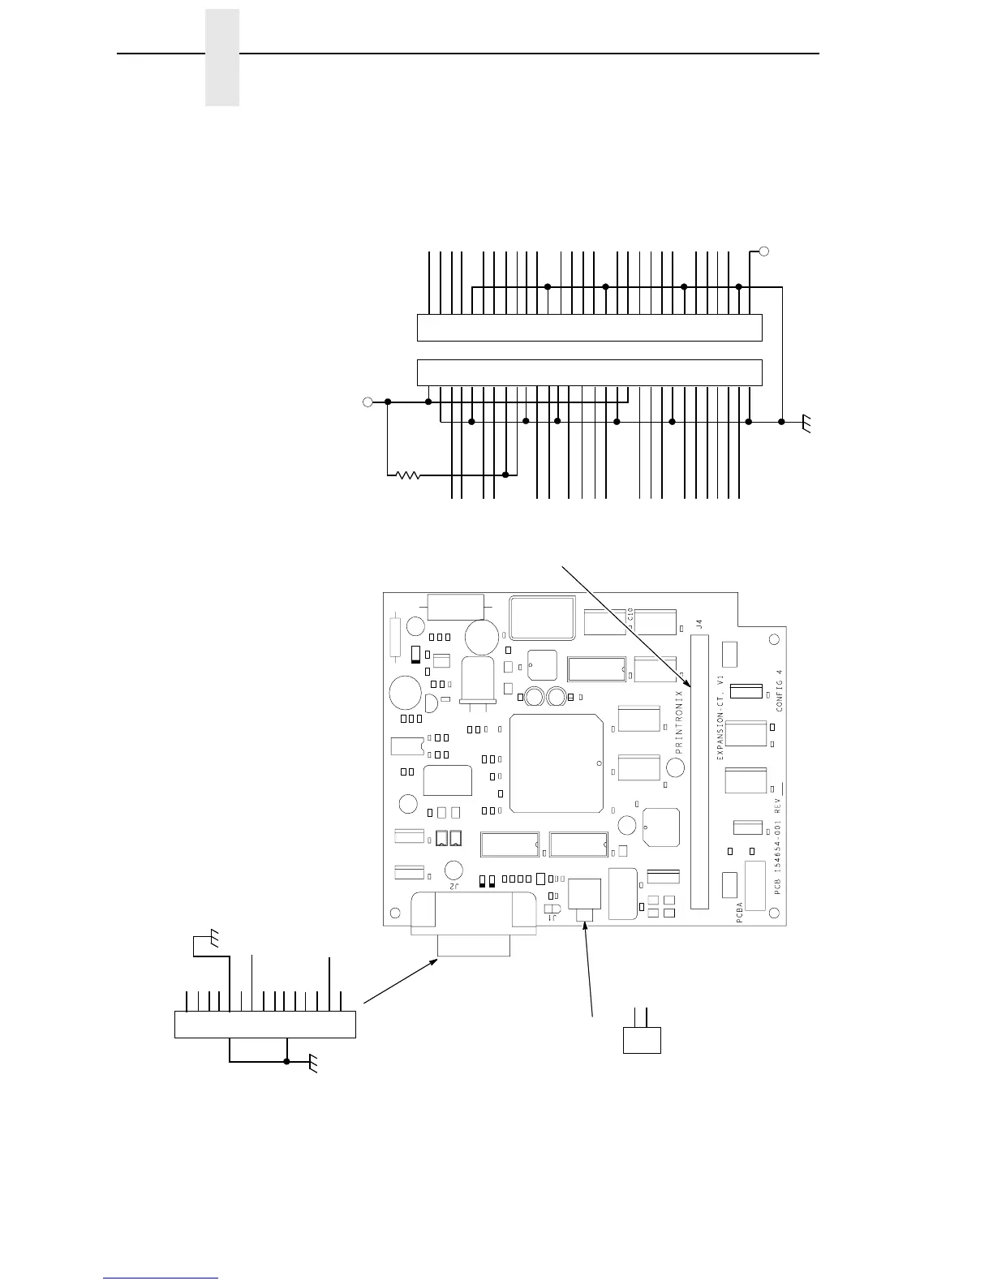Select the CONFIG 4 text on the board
click(x=780, y=690)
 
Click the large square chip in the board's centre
click(x=557, y=763)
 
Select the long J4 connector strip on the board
click(x=699, y=771)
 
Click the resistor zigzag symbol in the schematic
click(x=409, y=475)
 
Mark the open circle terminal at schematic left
click(x=367, y=402)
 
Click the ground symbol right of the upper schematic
click(x=806, y=423)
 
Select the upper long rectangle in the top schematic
click(x=589, y=327)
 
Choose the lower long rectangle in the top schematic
click(x=589, y=372)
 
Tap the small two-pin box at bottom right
click(x=642, y=1040)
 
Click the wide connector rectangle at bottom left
click(x=265, y=1024)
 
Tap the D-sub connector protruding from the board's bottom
click(x=474, y=925)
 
